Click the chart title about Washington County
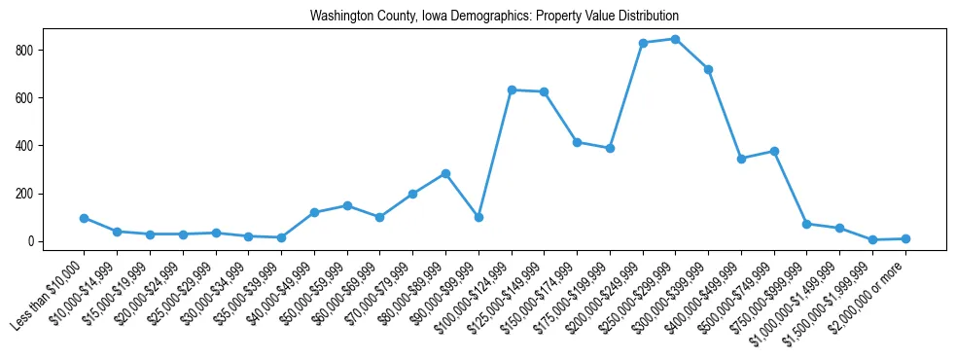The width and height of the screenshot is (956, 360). pyautogui.click(x=494, y=17)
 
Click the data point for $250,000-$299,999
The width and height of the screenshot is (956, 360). pyautogui.click(x=675, y=39)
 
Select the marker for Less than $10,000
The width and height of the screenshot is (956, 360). pyautogui.click(x=84, y=218)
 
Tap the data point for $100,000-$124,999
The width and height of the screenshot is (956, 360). pyautogui.click(x=512, y=90)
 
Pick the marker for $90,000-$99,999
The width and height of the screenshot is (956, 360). pyautogui.click(x=478, y=217)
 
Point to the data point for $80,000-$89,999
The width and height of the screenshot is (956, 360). pyautogui.click(x=445, y=173)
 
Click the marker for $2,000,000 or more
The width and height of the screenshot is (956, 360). pyautogui.click(x=905, y=238)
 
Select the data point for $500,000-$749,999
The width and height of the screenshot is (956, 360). pyautogui.click(x=774, y=151)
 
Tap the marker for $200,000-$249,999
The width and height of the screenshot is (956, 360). pyautogui.click(x=643, y=43)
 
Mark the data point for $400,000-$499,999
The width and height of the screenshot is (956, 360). pyautogui.click(x=741, y=159)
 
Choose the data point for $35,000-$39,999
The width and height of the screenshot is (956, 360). pyautogui.click(x=281, y=237)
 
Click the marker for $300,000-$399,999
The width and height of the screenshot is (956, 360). pyautogui.click(x=708, y=69)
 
